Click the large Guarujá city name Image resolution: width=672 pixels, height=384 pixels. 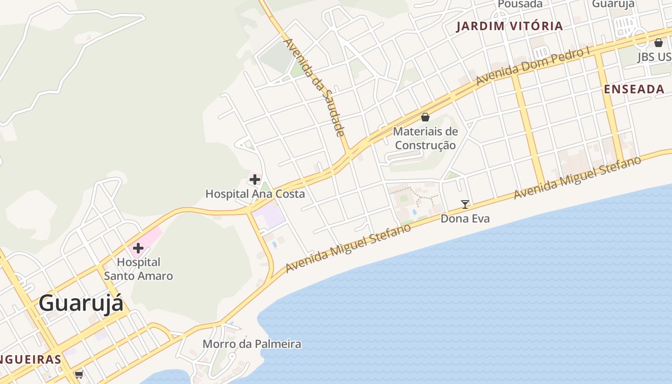81,303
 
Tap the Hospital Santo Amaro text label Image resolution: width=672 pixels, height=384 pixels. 138,269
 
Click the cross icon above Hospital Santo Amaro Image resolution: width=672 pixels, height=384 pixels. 138,248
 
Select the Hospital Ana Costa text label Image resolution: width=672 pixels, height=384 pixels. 255,194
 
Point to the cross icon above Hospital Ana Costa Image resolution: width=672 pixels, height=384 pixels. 255,180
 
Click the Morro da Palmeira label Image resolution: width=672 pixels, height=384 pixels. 252,344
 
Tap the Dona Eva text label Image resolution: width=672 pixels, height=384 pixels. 465,219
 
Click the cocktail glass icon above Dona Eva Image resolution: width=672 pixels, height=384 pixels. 465,204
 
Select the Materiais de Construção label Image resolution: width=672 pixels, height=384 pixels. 425,138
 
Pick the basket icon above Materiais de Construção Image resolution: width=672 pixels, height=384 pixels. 425,117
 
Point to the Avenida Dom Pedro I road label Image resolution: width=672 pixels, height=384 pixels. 533,67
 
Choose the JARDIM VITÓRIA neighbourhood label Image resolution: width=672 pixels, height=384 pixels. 509,26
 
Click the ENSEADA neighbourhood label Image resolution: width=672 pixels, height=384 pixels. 634,89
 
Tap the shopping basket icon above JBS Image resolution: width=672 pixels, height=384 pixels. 659,43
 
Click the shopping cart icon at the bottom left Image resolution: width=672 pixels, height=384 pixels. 79,374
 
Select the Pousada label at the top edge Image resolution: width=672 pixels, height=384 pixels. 520,4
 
